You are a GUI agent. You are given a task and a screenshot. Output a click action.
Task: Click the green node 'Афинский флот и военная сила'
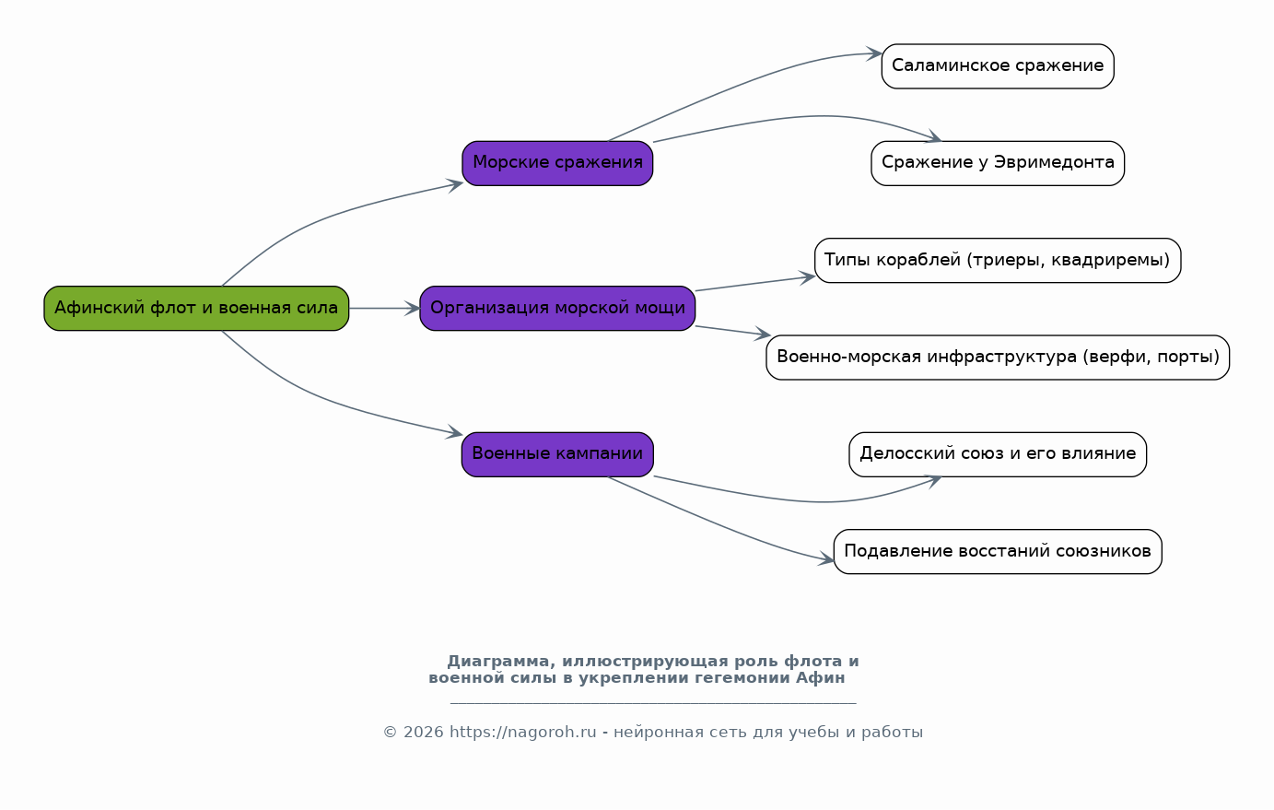pyautogui.click(x=196, y=309)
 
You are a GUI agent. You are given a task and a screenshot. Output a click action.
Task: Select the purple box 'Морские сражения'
pyautogui.click(x=557, y=163)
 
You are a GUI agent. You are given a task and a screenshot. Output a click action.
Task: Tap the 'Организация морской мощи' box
pyautogui.click(x=557, y=309)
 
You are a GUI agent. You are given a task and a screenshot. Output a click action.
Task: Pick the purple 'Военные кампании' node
pyautogui.click(x=557, y=454)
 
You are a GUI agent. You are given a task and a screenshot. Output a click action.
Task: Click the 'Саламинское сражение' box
pyautogui.click(x=998, y=66)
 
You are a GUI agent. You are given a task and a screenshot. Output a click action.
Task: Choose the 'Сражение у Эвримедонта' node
pyautogui.click(x=998, y=163)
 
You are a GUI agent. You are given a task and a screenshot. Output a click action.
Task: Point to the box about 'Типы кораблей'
pyautogui.click(x=998, y=261)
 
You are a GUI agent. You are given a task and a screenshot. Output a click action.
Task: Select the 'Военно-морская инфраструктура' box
pyautogui.click(x=998, y=358)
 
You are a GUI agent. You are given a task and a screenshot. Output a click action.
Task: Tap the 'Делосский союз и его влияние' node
pyautogui.click(x=998, y=454)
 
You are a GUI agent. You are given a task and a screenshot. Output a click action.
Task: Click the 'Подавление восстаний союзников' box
pyautogui.click(x=998, y=552)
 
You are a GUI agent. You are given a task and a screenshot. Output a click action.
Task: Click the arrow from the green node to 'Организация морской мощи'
pyautogui.click(x=384, y=309)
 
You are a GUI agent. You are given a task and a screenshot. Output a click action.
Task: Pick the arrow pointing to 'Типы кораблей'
pyautogui.click(x=755, y=284)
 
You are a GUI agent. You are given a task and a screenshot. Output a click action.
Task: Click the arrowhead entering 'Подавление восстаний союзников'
pyautogui.click(x=825, y=559)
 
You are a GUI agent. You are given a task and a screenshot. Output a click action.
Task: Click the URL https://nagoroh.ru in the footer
pyautogui.click(x=522, y=732)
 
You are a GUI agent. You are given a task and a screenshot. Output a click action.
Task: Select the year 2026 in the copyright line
pyautogui.click(x=423, y=732)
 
